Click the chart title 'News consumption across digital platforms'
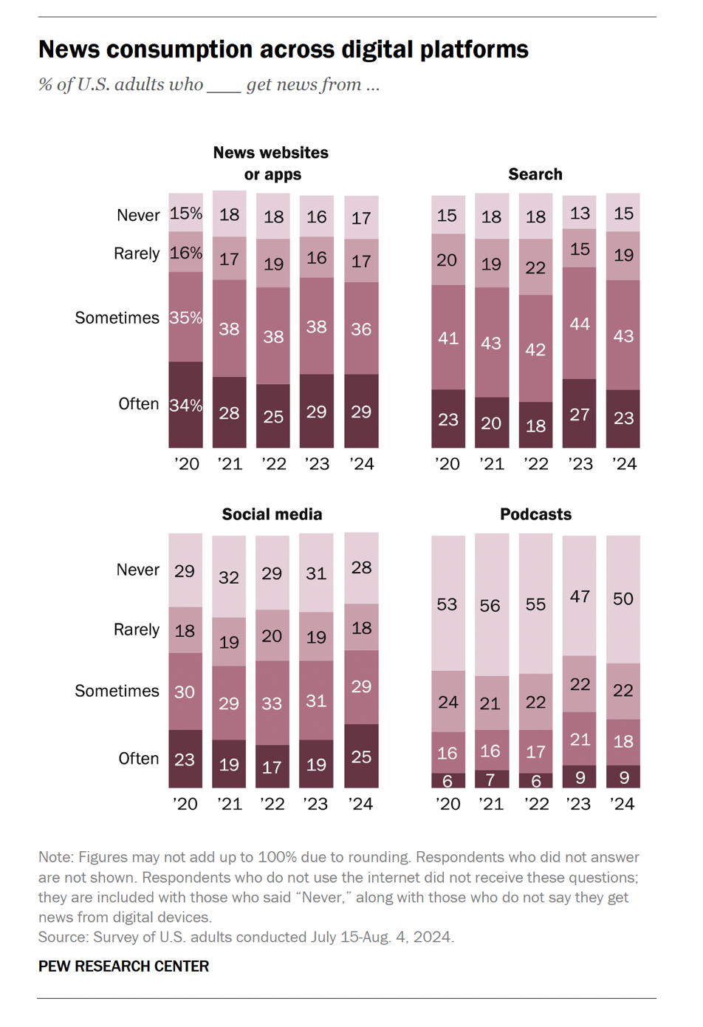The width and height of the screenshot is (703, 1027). tap(283, 50)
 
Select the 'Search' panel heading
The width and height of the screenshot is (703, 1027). tap(535, 174)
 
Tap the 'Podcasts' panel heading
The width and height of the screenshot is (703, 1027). tap(535, 514)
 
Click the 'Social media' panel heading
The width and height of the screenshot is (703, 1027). tap(272, 514)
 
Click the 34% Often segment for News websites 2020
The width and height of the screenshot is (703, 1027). tap(185, 405)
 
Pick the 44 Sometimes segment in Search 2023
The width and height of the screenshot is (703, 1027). tap(580, 324)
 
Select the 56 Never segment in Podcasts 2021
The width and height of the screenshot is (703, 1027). tap(491, 606)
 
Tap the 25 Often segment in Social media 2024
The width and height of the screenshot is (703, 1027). tap(361, 757)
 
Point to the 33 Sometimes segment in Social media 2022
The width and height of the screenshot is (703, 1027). tap(272, 703)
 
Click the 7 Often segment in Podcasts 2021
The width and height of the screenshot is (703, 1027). tap(491, 779)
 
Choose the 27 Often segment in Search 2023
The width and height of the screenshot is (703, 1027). tap(580, 414)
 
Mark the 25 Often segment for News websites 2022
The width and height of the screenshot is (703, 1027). tap(273, 416)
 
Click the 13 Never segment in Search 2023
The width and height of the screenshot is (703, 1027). tap(580, 213)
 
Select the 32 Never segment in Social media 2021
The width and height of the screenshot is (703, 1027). tap(229, 577)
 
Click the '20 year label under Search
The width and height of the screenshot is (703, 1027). tap(447, 464)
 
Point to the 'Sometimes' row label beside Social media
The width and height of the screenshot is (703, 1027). tap(117, 691)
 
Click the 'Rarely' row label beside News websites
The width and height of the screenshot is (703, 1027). tap(137, 253)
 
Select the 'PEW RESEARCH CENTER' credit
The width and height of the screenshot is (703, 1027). tap(123, 966)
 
